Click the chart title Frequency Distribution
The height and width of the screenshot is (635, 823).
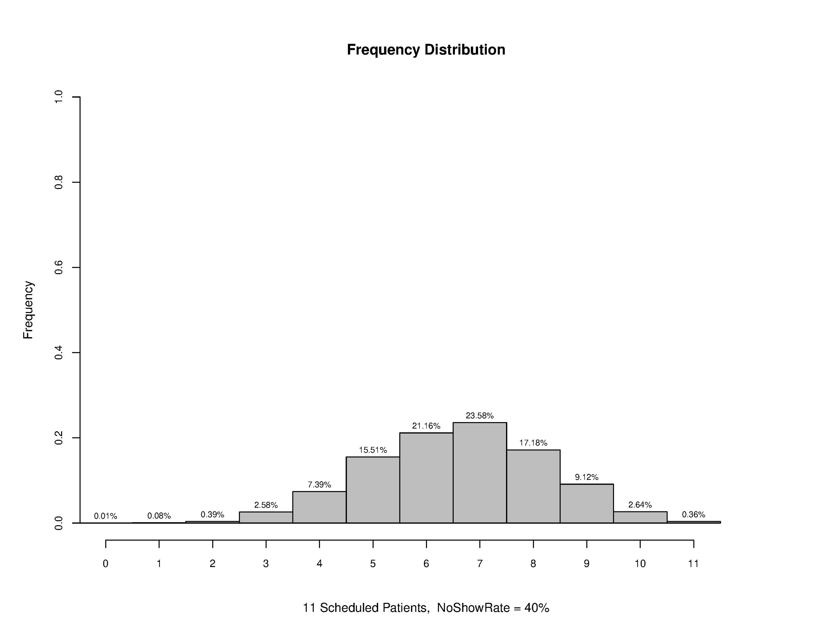[426, 50]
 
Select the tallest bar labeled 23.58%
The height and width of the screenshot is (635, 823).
[479, 473]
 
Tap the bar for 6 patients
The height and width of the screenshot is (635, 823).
[426, 478]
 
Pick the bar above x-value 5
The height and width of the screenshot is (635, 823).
[373, 490]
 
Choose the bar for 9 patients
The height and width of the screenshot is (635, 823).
[586, 504]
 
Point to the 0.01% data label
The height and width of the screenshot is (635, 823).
[105, 516]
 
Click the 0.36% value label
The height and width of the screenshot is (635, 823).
[693, 515]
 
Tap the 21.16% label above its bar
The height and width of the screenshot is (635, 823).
[426, 426]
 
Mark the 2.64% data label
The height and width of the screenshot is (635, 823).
[640, 505]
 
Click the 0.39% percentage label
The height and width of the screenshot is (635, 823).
[212, 515]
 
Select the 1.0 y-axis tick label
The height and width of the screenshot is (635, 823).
[59, 97]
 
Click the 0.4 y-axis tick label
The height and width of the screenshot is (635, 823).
[59, 353]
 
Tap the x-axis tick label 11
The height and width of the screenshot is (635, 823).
[693, 563]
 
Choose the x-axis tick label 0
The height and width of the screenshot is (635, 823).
[105, 563]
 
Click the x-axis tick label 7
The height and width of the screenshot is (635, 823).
[479, 563]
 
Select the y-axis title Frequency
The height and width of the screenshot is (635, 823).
[28, 310]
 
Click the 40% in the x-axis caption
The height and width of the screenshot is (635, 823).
[536, 608]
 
